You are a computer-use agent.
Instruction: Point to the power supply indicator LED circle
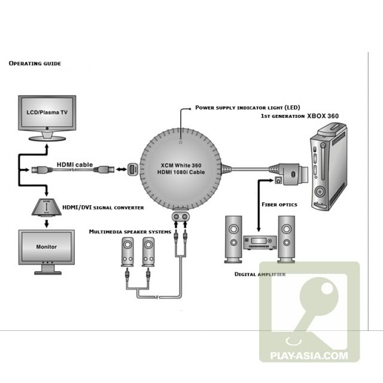(x=182, y=142)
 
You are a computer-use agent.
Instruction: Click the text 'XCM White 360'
(x=182, y=165)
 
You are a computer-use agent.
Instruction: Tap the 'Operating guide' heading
(x=34, y=63)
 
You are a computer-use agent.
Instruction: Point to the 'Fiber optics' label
(x=280, y=203)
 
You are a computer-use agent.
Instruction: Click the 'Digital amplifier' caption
(x=260, y=274)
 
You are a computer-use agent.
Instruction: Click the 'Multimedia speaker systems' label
(x=130, y=231)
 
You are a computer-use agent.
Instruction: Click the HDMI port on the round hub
(x=133, y=170)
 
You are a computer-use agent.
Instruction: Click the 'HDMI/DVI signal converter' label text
(x=103, y=208)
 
